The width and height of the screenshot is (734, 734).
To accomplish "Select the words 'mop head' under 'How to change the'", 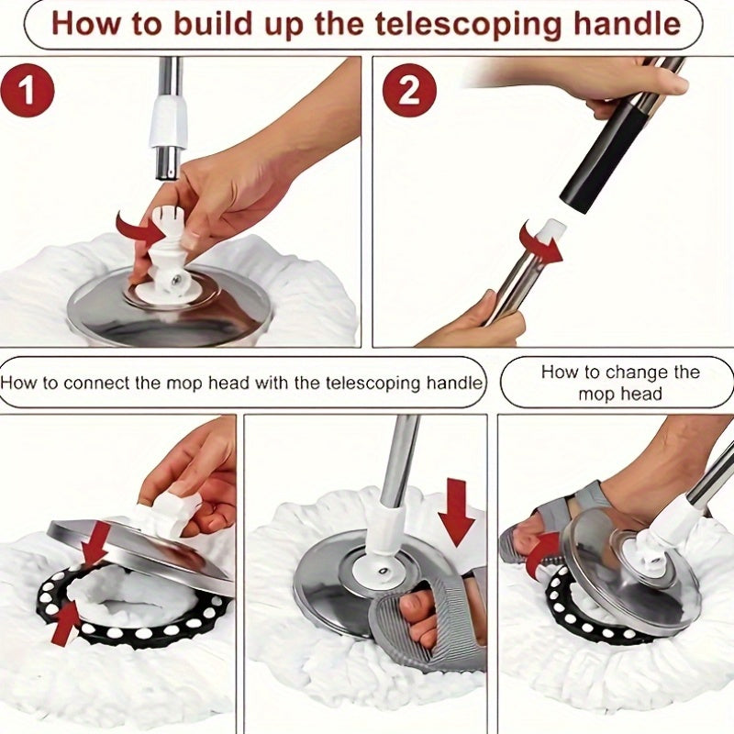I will [x=620, y=395].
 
